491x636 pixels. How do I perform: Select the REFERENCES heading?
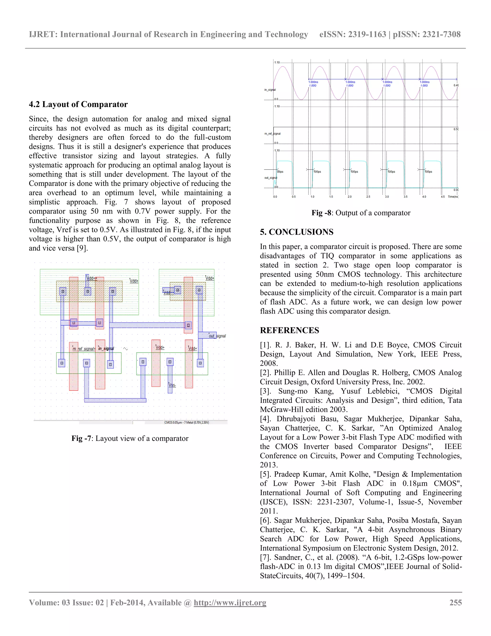[x=289, y=330]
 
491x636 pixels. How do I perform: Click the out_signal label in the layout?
[x=217, y=336]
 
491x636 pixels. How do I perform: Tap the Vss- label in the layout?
[x=172, y=385]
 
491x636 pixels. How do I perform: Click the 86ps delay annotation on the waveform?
[x=280, y=172]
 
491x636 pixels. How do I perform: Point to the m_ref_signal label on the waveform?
[x=272, y=134]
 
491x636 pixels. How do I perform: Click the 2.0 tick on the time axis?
[x=349, y=197]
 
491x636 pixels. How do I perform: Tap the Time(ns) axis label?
[x=453, y=197]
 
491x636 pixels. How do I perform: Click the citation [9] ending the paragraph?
[x=82, y=248]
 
